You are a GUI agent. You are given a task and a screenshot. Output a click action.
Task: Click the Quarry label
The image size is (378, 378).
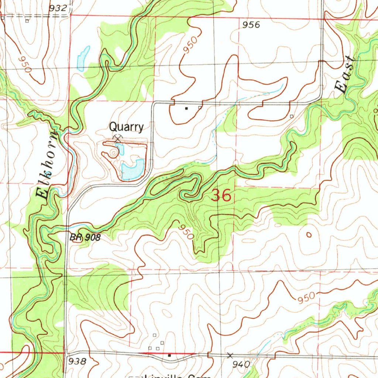[126, 127]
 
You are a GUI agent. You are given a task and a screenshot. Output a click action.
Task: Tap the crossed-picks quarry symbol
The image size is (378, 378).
[117, 139]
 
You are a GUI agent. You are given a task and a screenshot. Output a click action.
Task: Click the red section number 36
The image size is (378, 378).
[221, 195]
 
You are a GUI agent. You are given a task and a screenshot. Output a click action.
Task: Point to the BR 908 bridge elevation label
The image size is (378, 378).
[85, 238]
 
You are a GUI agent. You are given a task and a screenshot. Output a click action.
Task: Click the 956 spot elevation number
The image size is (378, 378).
[251, 25]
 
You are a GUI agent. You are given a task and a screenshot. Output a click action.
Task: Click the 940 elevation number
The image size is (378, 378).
[242, 365]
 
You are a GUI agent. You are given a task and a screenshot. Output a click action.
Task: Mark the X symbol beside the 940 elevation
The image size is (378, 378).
[230, 355]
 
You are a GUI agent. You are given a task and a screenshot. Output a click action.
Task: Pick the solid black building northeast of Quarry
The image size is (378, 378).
[186, 109]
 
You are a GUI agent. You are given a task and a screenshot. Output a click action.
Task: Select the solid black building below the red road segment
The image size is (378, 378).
[169, 355]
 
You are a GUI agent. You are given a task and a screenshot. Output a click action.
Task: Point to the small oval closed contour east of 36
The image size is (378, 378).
[309, 234]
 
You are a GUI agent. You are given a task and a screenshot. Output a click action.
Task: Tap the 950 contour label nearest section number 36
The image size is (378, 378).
[185, 231]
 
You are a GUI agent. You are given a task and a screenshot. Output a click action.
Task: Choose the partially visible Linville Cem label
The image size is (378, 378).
[173, 376]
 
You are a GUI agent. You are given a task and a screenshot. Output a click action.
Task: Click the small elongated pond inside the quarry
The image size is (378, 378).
[119, 149]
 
